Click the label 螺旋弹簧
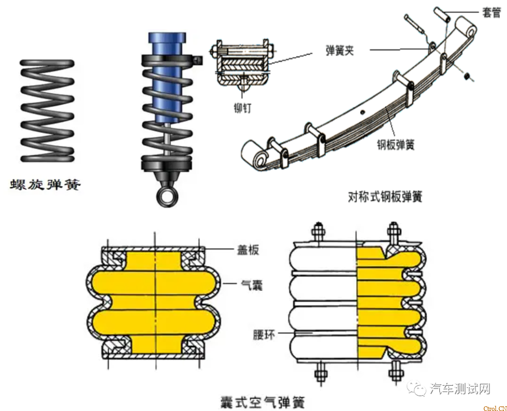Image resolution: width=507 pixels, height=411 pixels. point(46,185)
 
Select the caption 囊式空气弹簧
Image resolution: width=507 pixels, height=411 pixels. point(262,402)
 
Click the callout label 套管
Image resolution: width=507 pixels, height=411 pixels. point(491,13)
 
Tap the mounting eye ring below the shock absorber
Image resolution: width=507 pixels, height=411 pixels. point(167,197)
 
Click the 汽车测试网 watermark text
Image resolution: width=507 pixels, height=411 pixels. point(460,389)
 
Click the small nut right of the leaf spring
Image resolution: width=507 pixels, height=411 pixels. point(467,76)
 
